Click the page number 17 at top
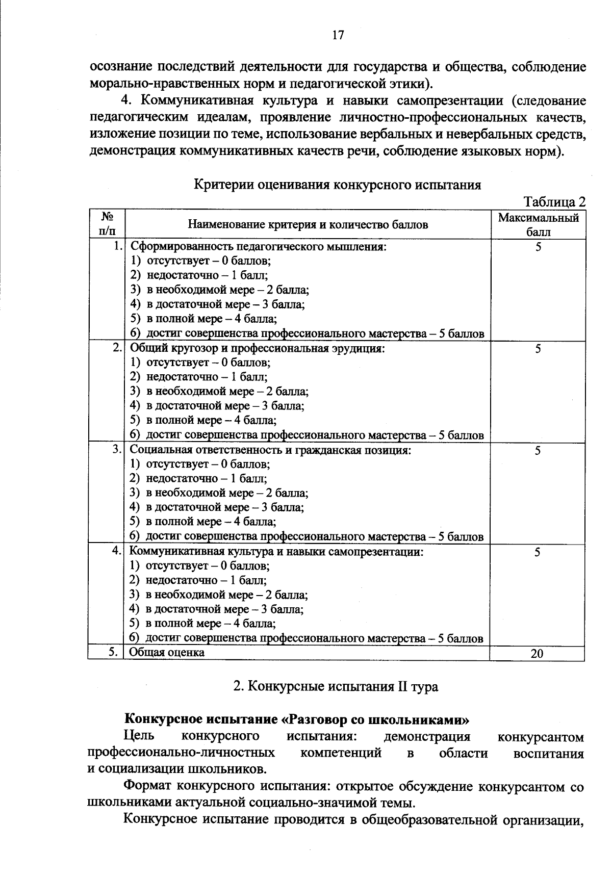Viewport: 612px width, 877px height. (338, 35)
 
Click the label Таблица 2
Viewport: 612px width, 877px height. (554, 202)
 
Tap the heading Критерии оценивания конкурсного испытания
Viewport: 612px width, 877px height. (338, 184)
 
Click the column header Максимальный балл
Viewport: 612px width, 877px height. (538, 225)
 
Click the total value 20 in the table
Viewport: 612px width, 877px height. (537, 654)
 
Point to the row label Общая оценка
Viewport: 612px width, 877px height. (166, 652)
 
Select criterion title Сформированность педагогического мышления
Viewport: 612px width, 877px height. (258, 247)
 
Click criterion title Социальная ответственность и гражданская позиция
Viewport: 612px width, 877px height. (270, 450)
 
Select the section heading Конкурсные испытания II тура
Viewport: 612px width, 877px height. (335, 686)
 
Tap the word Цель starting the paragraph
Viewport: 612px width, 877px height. (139, 736)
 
